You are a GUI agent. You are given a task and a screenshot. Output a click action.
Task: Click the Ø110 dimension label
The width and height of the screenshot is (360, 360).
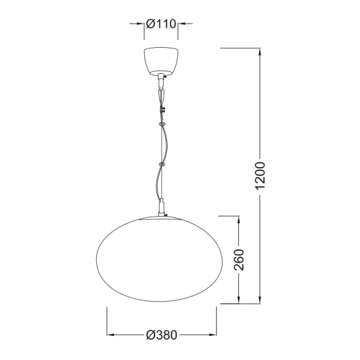[x=162, y=24]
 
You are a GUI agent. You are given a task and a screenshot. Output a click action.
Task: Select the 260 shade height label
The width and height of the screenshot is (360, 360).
[x=239, y=261]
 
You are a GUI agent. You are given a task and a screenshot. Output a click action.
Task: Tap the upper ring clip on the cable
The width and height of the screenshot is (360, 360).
[x=161, y=123]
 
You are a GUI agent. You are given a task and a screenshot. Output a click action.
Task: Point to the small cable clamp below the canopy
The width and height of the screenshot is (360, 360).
[x=163, y=107]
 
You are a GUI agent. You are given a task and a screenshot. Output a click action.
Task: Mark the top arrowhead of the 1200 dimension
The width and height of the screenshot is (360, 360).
[x=261, y=51]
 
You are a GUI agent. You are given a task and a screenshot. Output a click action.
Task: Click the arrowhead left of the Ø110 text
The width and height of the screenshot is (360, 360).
[x=140, y=24]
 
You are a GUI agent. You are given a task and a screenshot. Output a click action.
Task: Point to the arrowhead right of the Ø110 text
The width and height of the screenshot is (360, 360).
[x=181, y=24]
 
